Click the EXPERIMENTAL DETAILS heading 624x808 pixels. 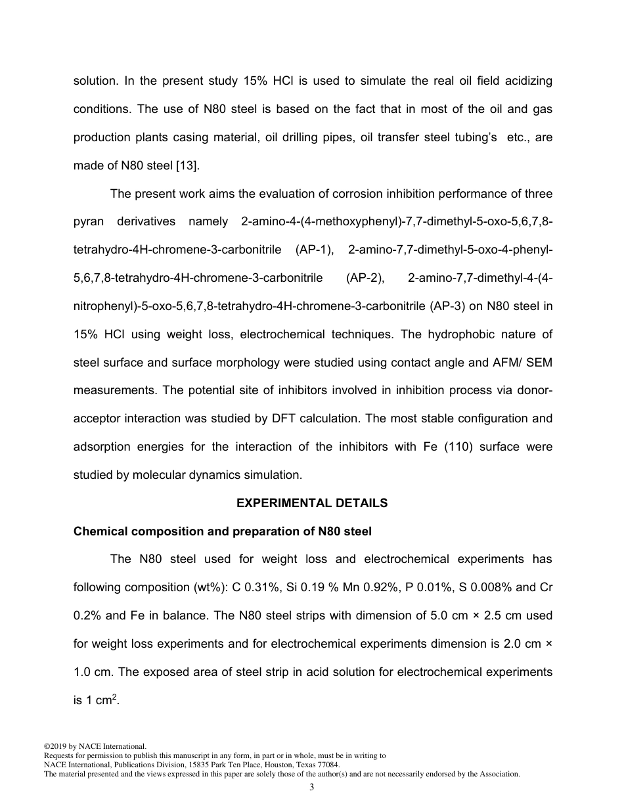312,503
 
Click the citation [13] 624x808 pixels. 188,166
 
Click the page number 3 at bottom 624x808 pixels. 312,788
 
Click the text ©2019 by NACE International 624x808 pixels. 94,746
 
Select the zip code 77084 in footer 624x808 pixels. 326,765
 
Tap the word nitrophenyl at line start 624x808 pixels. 102,306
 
